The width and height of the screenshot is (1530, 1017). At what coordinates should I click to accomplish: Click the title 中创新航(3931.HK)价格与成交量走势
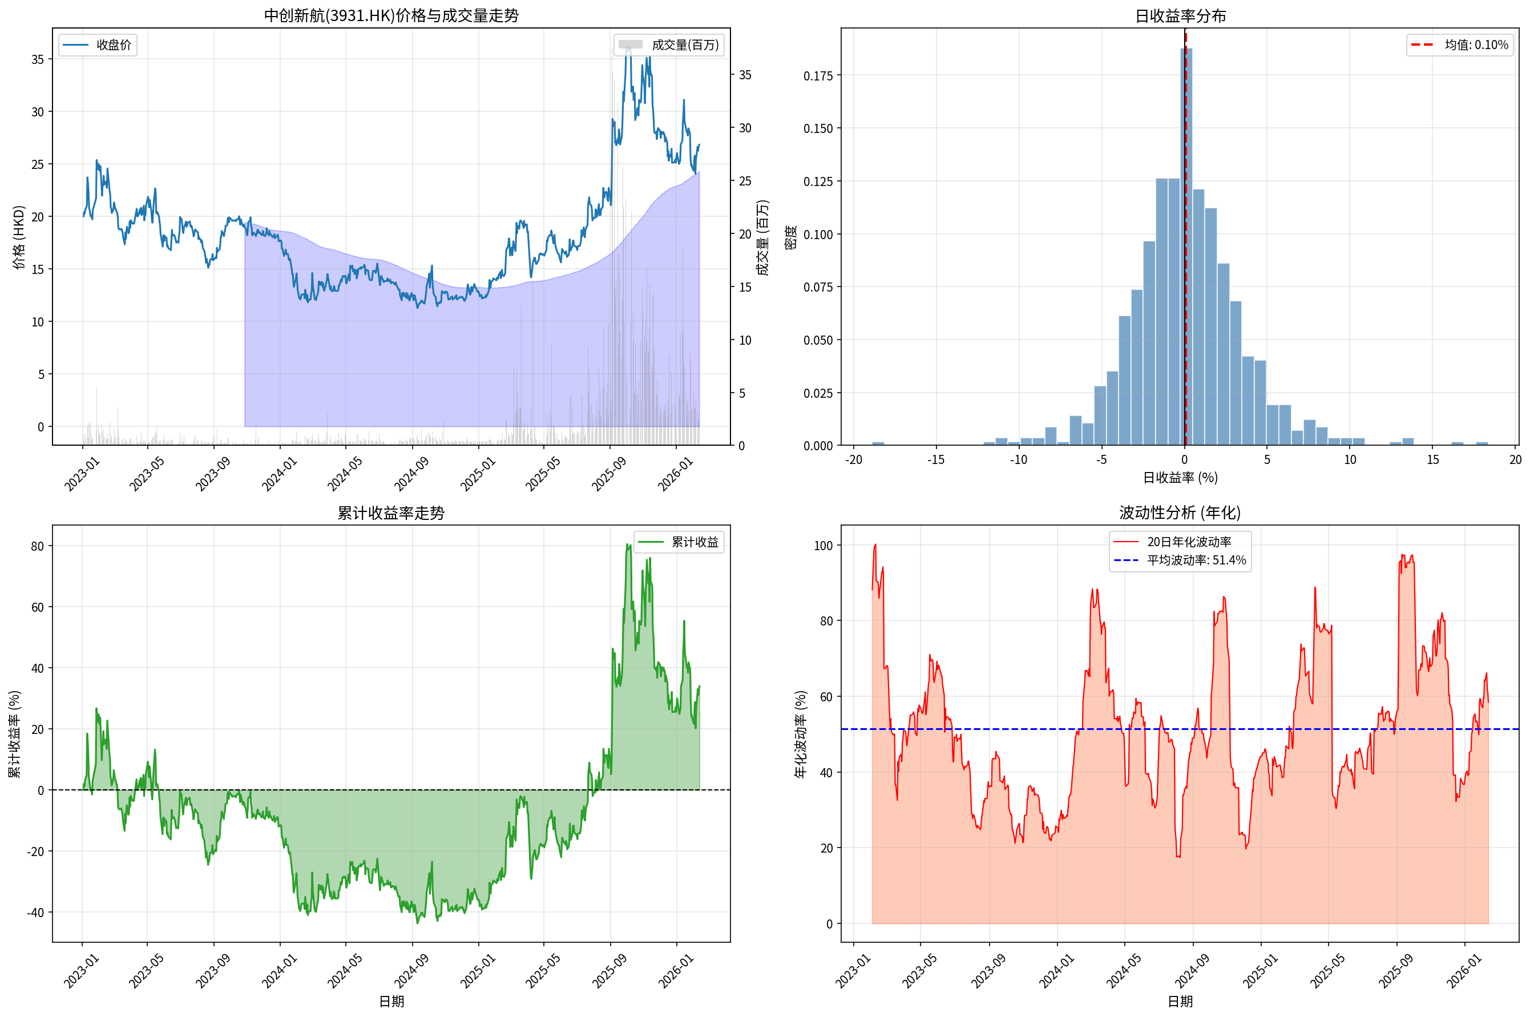[391, 15]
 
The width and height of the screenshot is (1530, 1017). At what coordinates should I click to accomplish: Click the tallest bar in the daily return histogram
[1186, 247]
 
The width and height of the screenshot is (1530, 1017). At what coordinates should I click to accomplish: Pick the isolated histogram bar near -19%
[878, 443]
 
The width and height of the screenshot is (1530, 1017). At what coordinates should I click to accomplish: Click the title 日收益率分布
[1180, 15]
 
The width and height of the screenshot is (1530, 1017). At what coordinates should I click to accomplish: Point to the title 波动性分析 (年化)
[1179, 513]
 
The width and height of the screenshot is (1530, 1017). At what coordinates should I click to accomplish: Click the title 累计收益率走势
[391, 513]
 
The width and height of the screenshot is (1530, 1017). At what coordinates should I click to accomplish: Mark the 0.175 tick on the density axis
[818, 76]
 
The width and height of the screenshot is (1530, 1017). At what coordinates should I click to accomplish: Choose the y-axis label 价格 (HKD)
[19, 237]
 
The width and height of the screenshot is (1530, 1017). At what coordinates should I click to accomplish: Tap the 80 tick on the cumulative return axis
[38, 546]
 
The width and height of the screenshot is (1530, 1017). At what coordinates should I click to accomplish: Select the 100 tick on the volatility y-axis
[823, 546]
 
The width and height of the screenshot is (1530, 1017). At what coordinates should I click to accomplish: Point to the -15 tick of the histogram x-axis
[935, 460]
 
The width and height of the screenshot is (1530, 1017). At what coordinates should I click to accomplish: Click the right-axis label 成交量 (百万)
[764, 237]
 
